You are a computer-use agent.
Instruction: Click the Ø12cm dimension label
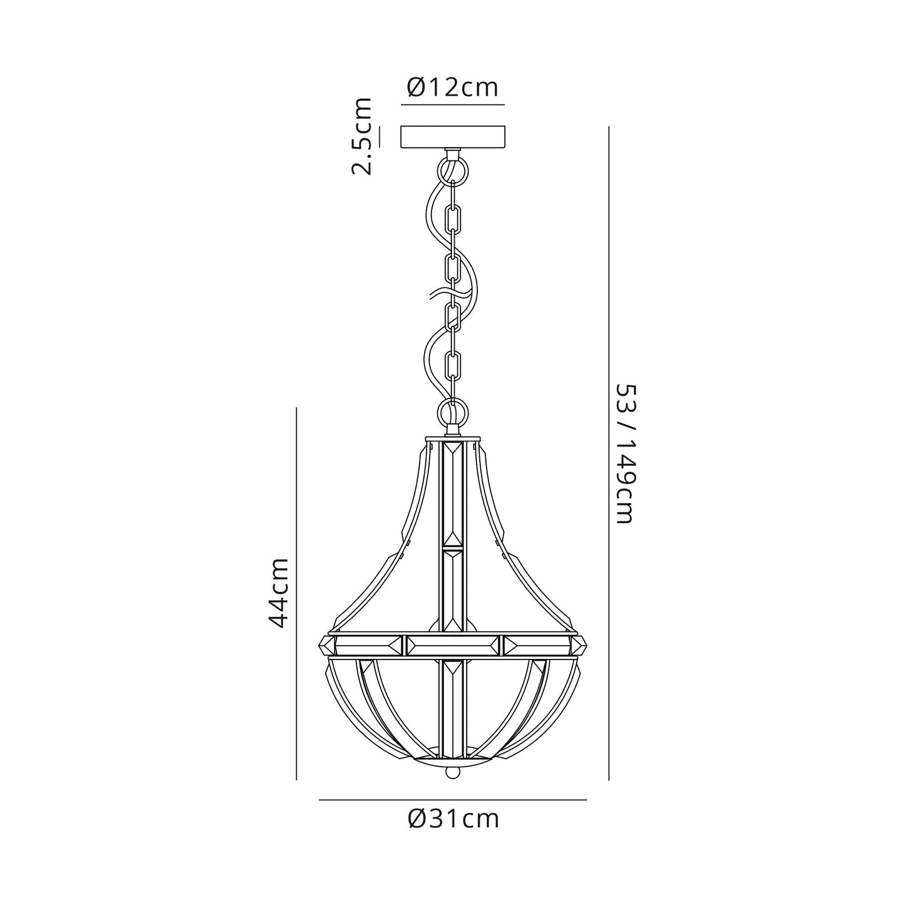[x=452, y=88]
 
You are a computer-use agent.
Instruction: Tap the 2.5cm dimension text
[x=361, y=136]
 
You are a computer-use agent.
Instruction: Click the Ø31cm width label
[x=452, y=819]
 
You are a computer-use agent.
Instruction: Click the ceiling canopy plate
[x=452, y=137]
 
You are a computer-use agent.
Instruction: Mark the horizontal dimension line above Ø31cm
[x=452, y=800]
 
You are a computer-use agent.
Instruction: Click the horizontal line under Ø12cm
[x=452, y=104]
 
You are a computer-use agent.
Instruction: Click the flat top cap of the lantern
[x=452, y=438]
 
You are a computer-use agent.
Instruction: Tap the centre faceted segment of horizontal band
[x=452, y=645]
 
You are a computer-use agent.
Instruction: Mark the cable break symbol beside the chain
[x=446, y=293]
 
